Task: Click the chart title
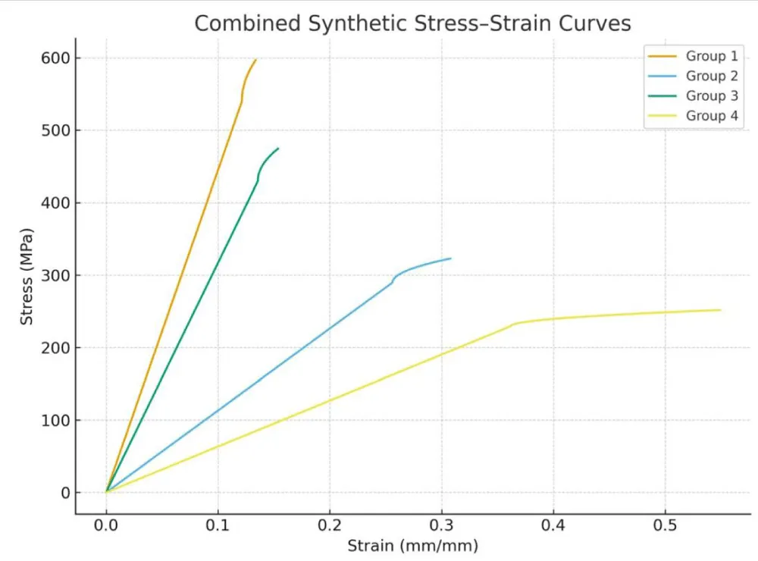(x=412, y=24)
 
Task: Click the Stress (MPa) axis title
(x=27, y=275)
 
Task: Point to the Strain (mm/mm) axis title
(x=412, y=546)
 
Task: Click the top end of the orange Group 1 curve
(x=255, y=59)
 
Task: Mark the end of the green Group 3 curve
(x=278, y=149)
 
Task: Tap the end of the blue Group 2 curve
(x=451, y=259)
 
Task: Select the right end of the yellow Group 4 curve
(x=720, y=309)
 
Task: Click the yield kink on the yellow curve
(x=515, y=324)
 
